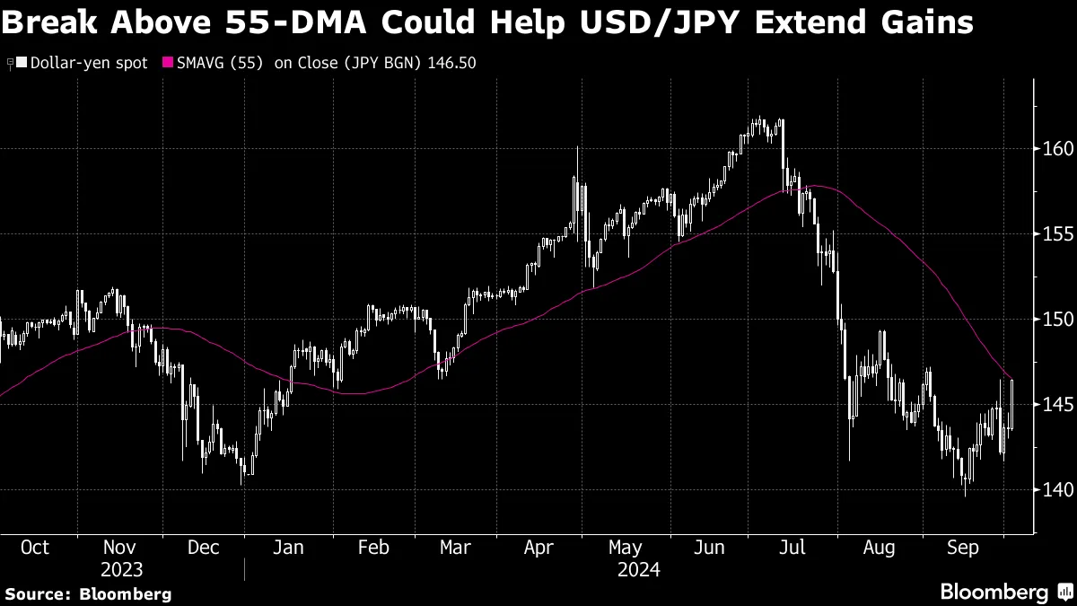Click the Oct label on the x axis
pos(34,548)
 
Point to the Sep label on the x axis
pos(964,548)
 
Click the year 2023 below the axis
pos(120,570)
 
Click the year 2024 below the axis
pos(638,570)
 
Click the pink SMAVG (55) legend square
pos(167,64)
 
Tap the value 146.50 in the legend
pos(451,64)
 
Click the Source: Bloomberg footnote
pos(88,593)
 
